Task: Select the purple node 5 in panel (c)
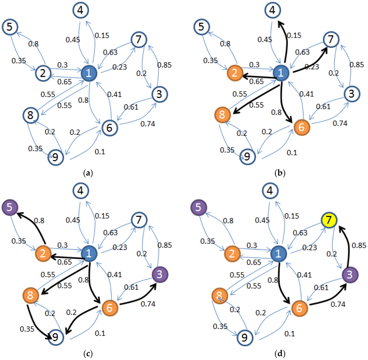[x=9, y=208]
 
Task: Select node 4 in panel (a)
[x=81, y=10]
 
